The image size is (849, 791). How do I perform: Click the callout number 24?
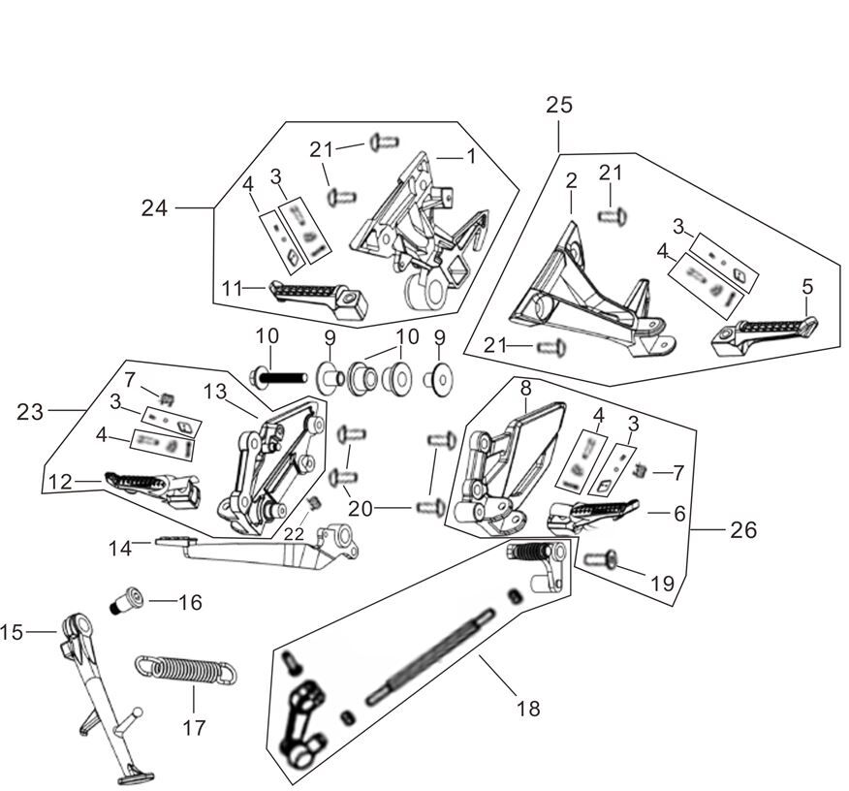154,208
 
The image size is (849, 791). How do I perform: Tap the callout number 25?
559,105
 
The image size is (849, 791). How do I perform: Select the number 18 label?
528,709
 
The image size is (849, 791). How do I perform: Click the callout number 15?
12,633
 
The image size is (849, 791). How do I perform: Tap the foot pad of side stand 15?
132,775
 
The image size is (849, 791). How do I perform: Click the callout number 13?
214,391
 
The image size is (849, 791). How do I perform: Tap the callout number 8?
525,388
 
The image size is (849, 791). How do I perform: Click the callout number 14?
120,549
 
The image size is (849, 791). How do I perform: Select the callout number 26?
743,530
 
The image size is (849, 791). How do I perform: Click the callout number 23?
30,412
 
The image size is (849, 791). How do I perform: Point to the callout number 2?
571,180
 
